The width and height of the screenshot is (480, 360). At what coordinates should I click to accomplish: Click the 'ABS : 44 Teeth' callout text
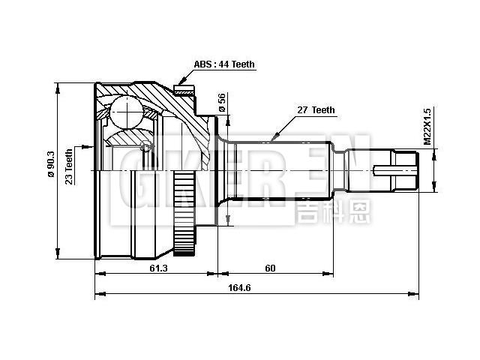(224, 64)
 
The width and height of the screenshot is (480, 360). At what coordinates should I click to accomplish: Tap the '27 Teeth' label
(316, 110)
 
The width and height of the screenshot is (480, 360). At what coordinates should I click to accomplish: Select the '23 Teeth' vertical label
(68, 166)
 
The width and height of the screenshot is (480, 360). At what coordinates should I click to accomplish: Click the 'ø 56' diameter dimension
(222, 103)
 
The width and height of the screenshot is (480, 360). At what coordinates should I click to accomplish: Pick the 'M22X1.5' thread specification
(427, 129)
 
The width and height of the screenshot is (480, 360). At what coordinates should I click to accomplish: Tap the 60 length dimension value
(270, 268)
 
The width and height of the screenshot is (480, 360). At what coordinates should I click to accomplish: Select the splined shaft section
(285, 170)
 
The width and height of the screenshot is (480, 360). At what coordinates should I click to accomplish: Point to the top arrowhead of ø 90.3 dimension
(58, 83)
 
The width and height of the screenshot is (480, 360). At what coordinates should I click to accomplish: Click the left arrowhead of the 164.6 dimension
(96, 294)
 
